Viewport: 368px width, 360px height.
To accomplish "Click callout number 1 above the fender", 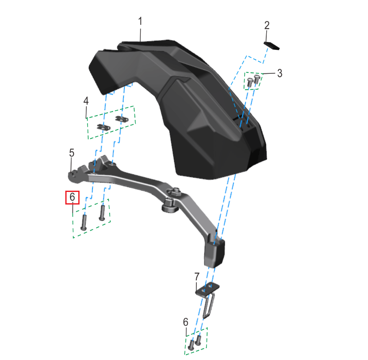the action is tap(140, 21).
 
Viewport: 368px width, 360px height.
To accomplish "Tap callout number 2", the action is tap(267, 26).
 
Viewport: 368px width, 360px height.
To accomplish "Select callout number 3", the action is tap(280, 73).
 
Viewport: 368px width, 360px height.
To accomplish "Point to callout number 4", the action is tap(86, 101).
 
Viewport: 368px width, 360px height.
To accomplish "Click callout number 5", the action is tap(72, 153).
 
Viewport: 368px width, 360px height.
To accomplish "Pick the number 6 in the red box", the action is tap(72, 197).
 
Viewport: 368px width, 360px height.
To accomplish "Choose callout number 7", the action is tap(197, 277).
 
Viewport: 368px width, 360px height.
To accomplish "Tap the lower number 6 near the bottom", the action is tap(185, 322).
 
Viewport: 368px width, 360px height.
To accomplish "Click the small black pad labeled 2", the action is tap(272, 46).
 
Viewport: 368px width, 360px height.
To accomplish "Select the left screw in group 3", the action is tap(250, 82).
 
